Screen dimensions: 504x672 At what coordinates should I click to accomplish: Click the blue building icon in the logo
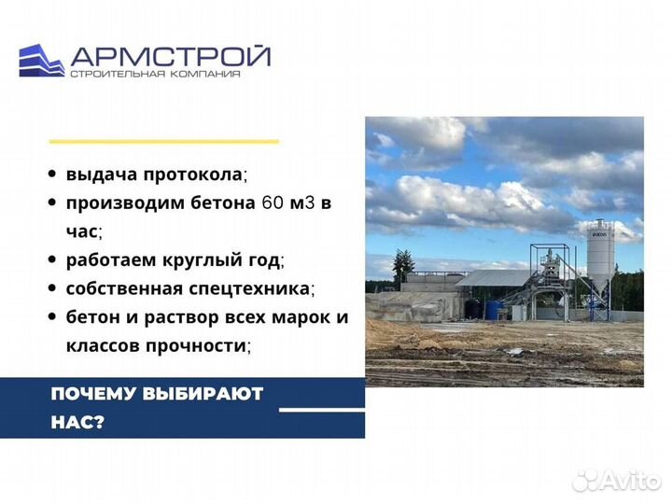click(x=42, y=61)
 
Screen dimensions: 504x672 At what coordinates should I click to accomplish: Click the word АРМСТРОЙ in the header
click(x=170, y=56)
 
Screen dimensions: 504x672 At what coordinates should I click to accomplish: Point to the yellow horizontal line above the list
click(x=163, y=141)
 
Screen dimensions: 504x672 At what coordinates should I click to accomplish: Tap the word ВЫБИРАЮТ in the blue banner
click(x=202, y=393)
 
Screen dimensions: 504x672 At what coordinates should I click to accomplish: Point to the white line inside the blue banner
click(x=322, y=409)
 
